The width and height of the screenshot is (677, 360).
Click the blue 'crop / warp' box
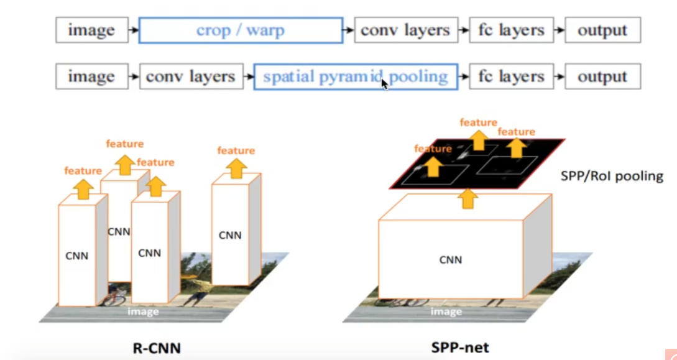241,30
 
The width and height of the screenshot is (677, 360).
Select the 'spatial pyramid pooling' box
355,77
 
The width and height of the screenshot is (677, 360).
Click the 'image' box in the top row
91,30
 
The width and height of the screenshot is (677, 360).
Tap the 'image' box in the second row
91,77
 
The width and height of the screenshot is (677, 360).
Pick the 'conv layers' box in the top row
405,30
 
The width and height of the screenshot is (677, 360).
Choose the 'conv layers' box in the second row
190,77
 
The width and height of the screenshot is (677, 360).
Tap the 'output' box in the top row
602,30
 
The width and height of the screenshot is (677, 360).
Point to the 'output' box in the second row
602,77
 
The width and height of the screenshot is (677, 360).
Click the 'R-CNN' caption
157,347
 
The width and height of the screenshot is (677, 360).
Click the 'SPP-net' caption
460,347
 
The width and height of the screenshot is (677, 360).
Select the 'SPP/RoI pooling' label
612,177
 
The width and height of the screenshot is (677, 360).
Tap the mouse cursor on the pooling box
385,83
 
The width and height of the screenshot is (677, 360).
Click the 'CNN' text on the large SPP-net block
450,260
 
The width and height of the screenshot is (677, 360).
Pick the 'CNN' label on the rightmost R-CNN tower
229,235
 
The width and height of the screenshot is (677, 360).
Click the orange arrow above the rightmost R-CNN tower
236,167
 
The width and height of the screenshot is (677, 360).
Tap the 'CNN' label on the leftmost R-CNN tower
76,255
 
